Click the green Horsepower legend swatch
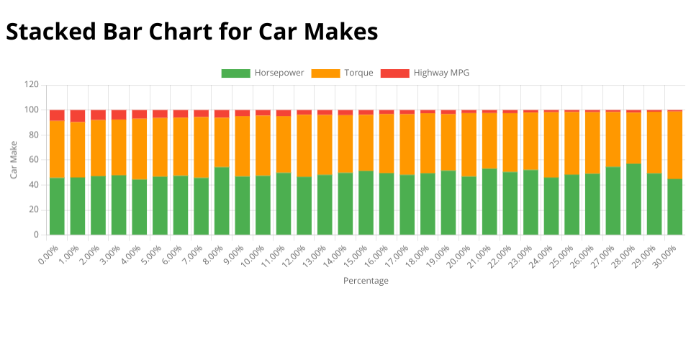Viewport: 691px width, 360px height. click(235, 73)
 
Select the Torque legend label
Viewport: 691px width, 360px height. click(358, 73)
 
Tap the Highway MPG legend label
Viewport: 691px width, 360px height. click(441, 73)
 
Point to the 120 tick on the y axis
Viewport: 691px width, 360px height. click(31, 85)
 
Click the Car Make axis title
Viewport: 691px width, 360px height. click(14, 160)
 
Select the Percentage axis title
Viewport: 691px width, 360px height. click(366, 281)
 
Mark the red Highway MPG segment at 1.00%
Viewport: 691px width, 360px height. click(78, 116)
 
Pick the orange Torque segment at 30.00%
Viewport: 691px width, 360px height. click(674, 145)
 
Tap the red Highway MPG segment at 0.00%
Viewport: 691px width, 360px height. click(57, 115)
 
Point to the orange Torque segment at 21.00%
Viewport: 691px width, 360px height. click(489, 140)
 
